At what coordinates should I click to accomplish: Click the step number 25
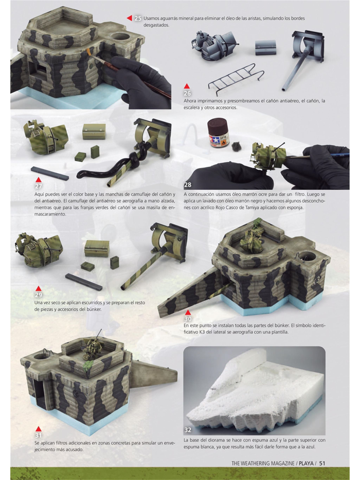(138, 19)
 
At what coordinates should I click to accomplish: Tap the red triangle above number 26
(188, 86)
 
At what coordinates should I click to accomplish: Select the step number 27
(39, 186)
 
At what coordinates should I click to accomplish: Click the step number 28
(188, 184)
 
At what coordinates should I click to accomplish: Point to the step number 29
(39, 295)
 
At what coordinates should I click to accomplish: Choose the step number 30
(188, 319)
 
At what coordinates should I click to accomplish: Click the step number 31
(39, 435)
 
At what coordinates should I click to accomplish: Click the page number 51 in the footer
(322, 463)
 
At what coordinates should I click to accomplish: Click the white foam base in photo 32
(247, 391)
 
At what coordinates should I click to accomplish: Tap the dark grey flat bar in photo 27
(49, 173)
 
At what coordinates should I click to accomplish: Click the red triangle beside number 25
(130, 18)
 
